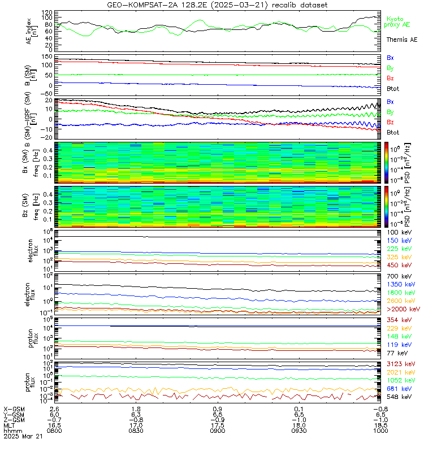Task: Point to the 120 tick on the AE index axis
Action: point(47,12)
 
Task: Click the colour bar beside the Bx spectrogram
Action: point(388,162)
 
